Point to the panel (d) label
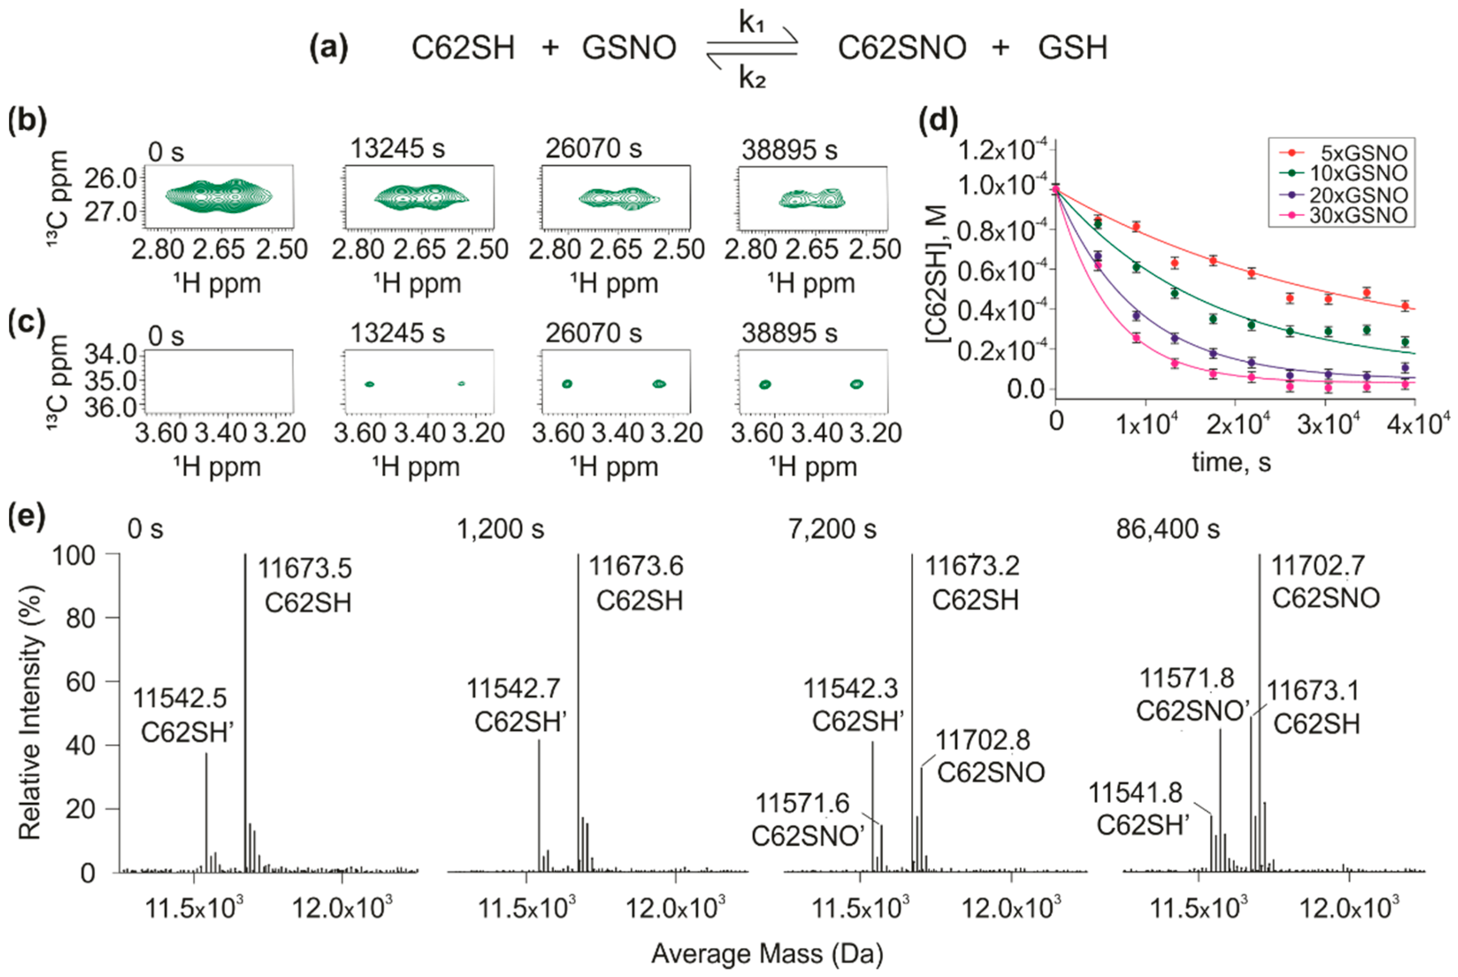pos(939,120)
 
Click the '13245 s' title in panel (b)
pos(397,149)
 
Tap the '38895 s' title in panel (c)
pos(790,333)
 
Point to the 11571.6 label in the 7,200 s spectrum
pos(802,804)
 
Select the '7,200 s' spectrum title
pos(832,529)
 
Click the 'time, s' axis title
pos(1231,462)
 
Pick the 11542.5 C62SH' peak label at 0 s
pos(180,698)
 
